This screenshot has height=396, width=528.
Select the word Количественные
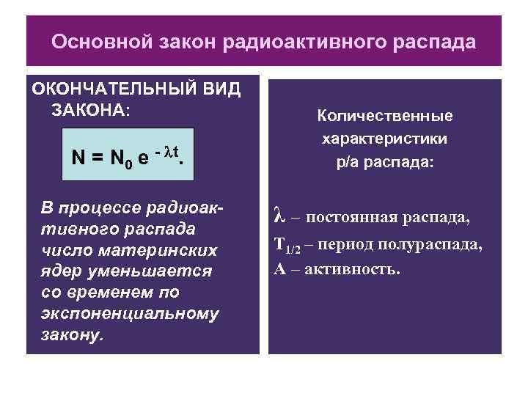click(x=385, y=116)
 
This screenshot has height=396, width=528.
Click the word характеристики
click(x=385, y=139)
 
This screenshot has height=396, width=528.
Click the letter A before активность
click(x=279, y=269)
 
